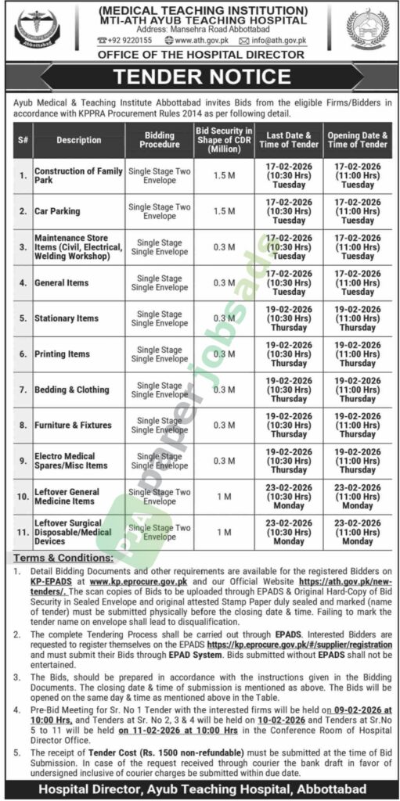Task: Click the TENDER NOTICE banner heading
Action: (200, 77)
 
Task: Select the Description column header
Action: (78, 140)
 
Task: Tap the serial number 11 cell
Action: (20, 532)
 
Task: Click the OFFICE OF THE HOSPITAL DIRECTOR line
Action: (200, 54)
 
